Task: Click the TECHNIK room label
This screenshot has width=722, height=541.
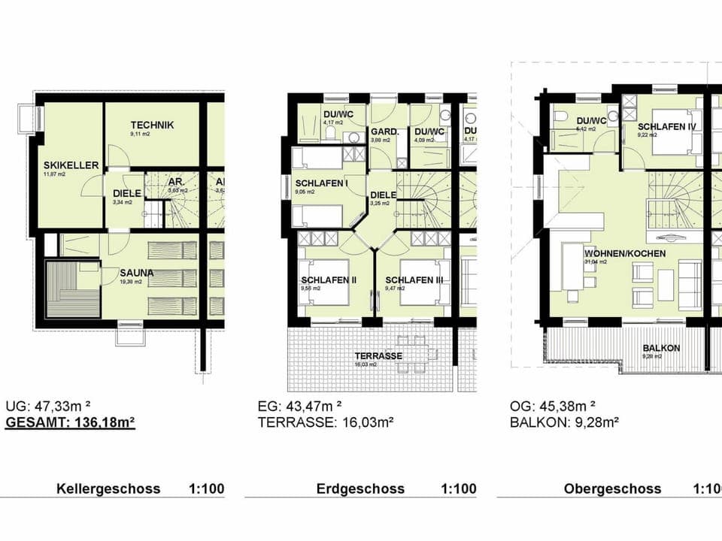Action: pyautogui.click(x=152, y=125)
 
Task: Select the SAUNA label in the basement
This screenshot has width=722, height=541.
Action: pyautogui.click(x=136, y=273)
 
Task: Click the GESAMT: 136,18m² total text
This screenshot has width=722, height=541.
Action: pyautogui.click(x=70, y=423)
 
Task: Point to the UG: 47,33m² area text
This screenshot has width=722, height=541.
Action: pyautogui.click(x=47, y=406)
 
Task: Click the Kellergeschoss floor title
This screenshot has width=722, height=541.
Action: pyautogui.click(x=108, y=488)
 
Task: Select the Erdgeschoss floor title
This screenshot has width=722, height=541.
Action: pyautogui.click(x=360, y=488)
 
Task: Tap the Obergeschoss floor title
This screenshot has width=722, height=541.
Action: pyautogui.click(x=612, y=488)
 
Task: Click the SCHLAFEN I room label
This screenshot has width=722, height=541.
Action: pyautogui.click(x=322, y=183)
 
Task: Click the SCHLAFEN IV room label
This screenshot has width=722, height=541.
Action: pyautogui.click(x=666, y=126)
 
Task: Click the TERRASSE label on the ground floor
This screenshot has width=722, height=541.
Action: pyautogui.click(x=380, y=356)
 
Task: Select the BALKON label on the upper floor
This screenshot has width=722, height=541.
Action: pyautogui.click(x=661, y=348)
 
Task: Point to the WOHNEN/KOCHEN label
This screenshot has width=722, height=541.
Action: pyautogui.click(x=624, y=254)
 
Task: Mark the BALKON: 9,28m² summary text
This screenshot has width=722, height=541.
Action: pyautogui.click(x=564, y=423)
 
